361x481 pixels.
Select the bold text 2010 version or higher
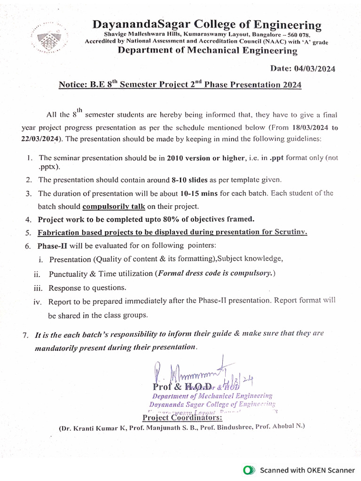click(204, 158)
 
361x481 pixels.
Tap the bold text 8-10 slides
click(188, 179)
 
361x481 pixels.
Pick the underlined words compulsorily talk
click(114, 206)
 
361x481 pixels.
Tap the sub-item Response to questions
click(80, 287)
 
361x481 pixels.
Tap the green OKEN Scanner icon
click(249, 470)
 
